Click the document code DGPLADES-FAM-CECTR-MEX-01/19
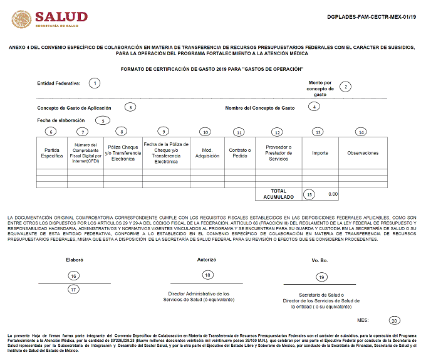coord(372,17)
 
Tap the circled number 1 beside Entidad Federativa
coord(95,83)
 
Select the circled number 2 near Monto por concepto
coord(345,87)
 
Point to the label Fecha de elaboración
coord(61,120)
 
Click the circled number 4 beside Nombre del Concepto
coord(314,107)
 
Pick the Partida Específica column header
coord(52,153)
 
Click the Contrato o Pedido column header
coord(238,153)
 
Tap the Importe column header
coord(320,153)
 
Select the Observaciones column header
coord(363,153)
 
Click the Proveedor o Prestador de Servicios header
coord(279,153)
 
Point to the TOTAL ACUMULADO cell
coord(278,194)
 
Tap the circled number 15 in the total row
coord(309,194)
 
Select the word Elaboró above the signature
coord(75,259)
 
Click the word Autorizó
coord(207,259)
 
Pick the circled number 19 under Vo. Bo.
coord(321,277)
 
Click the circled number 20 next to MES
coord(393,320)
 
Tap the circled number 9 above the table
coord(164,131)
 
